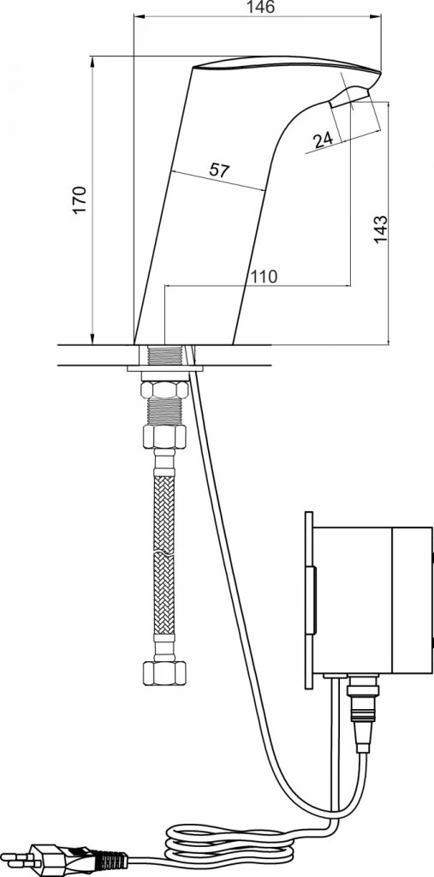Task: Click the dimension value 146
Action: tap(262, 7)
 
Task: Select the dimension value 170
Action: tap(80, 199)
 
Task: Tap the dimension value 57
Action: tap(220, 170)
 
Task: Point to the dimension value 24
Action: tap(324, 140)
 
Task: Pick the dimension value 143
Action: tap(380, 229)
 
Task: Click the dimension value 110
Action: tap(264, 277)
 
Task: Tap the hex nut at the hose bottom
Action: tap(164, 673)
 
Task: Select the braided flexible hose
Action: tap(163, 556)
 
